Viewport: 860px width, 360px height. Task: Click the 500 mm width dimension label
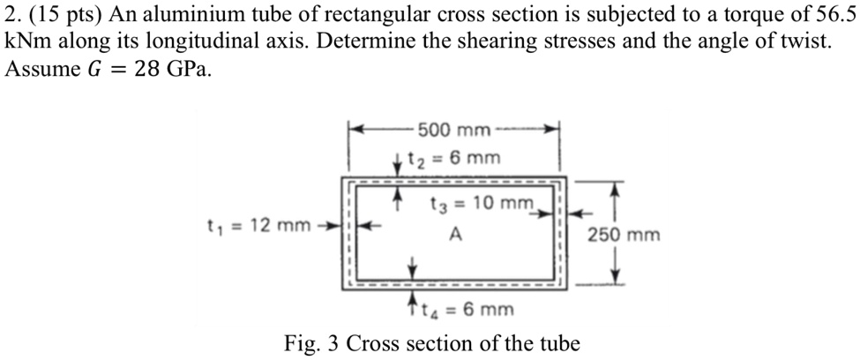click(x=454, y=131)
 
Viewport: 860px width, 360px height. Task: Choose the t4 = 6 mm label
click(x=469, y=310)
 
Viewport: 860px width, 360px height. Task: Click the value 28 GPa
click(x=173, y=71)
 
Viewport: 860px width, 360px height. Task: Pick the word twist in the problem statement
click(x=806, y=43)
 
